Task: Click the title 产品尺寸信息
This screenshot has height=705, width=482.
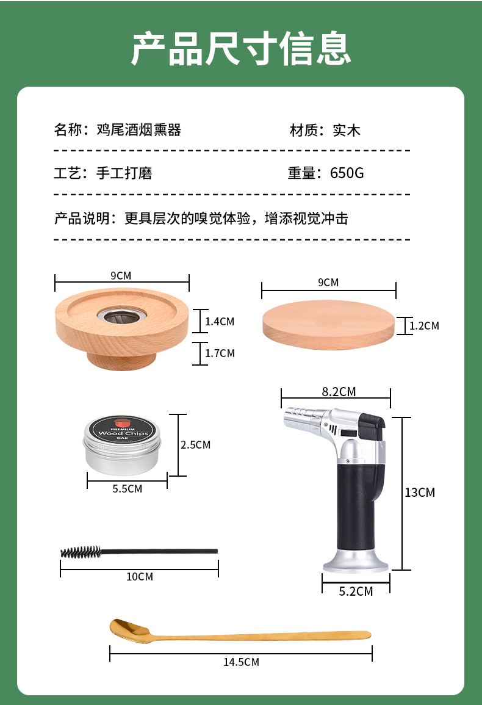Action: (x=241, y=49)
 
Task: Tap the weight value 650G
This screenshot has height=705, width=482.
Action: (x=347, y=173)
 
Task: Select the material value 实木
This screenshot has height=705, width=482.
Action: (x=347, y=131)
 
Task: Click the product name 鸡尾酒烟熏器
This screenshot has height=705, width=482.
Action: (x=139, y=130)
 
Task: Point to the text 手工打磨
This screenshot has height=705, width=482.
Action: (x=124, y=173)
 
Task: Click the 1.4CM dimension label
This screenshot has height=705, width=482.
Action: (x=220, y=322)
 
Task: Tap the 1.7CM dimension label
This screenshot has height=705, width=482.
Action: (x=220, y=353)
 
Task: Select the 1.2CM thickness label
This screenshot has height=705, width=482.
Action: (x=425, y=325)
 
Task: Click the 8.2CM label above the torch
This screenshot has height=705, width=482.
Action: (x=339, y=392)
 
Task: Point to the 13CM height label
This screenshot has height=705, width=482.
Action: (x=420, y=493)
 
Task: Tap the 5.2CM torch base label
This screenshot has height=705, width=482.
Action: (x=356, y=591)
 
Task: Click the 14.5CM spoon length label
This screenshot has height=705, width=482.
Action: (x=242, y=662)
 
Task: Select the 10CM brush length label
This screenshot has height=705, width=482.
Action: (x=140, y=576)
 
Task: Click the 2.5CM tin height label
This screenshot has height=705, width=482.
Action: (x=196, y=445)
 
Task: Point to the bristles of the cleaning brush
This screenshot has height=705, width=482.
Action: (x=81, y=552)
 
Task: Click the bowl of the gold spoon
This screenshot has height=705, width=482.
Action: (x=129, y=629)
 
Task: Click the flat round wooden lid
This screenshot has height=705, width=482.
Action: (x=329, y=325)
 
